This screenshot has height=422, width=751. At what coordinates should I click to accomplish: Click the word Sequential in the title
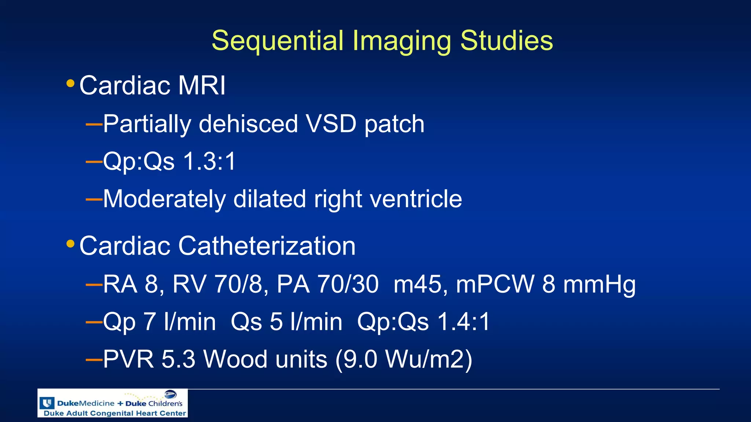(x=278, y=40)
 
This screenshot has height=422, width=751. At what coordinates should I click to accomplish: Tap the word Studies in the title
(x=506, y=40)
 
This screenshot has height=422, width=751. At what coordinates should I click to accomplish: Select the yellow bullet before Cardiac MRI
(x=70, y=84)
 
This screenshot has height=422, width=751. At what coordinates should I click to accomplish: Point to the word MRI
(x=202, y=86)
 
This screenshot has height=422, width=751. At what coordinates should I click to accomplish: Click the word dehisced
(x=248, y=124)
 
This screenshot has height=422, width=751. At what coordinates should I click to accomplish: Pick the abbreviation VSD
(x=331, y=124)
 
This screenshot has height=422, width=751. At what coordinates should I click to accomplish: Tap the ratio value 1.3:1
(x=209, y=161)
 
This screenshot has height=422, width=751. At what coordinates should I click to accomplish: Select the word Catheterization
(x=267, y=246)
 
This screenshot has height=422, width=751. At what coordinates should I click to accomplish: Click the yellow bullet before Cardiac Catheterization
(x=70, y=244)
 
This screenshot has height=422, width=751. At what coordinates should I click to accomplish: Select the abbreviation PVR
(x=128, y=359)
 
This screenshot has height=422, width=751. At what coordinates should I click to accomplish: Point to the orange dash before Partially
(x=94, y=124)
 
